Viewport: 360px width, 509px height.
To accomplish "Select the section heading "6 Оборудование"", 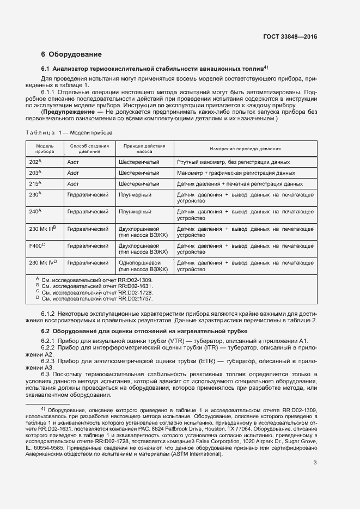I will coord(71,54).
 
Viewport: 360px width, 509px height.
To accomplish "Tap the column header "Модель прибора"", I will coord(45,149).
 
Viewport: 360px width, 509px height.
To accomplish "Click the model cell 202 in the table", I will coord(35,162).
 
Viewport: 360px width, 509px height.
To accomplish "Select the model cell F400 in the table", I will coord(37,246).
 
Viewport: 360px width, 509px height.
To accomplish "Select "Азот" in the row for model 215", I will coord(73,184).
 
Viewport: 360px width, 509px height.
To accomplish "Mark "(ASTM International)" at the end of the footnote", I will coord(197,439).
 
